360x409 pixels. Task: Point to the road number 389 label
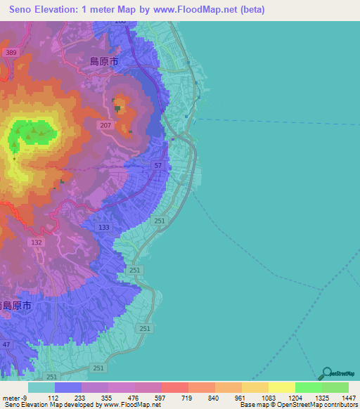click(10, 53)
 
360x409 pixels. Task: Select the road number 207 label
click(105, 125)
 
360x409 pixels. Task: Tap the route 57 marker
click(158, 165)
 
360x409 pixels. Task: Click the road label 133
click(104, 227)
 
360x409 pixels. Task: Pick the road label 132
click(37, 242)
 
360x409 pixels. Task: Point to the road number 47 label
click(7, 344)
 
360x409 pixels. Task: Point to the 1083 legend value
click(269, 397)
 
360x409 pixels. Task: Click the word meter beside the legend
click(13, 397)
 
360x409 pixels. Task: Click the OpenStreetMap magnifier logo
click(326, 372)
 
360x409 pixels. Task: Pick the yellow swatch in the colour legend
click(281, 387)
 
